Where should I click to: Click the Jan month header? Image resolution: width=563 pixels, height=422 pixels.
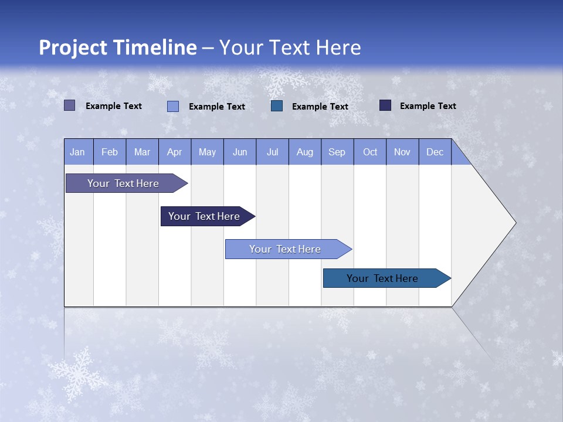tap(77, 152)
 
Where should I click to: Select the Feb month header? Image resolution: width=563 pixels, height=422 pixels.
tap(110, 152)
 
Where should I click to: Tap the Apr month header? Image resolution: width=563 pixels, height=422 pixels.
tap(174, 152)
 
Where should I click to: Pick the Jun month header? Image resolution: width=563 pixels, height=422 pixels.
tap(240, 152)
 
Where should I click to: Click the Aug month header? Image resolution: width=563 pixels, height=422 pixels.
tap(305, 152)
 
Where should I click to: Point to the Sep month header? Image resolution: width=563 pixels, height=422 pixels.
tap(337, 152)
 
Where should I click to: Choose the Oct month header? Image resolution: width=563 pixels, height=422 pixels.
tap(370, 152)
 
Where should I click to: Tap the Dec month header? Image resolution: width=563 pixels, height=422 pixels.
tap(435, 152)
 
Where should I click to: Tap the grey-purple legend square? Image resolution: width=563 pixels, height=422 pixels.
tap(69, 105)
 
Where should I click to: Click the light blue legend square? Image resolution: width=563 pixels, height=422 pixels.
tap(172, 106)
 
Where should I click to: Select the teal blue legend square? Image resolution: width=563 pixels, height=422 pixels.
tap(277, 106)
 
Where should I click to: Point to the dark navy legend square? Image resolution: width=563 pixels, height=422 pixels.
tap(385, 105)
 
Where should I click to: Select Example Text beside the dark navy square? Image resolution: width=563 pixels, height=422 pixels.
tap(428, 106)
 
